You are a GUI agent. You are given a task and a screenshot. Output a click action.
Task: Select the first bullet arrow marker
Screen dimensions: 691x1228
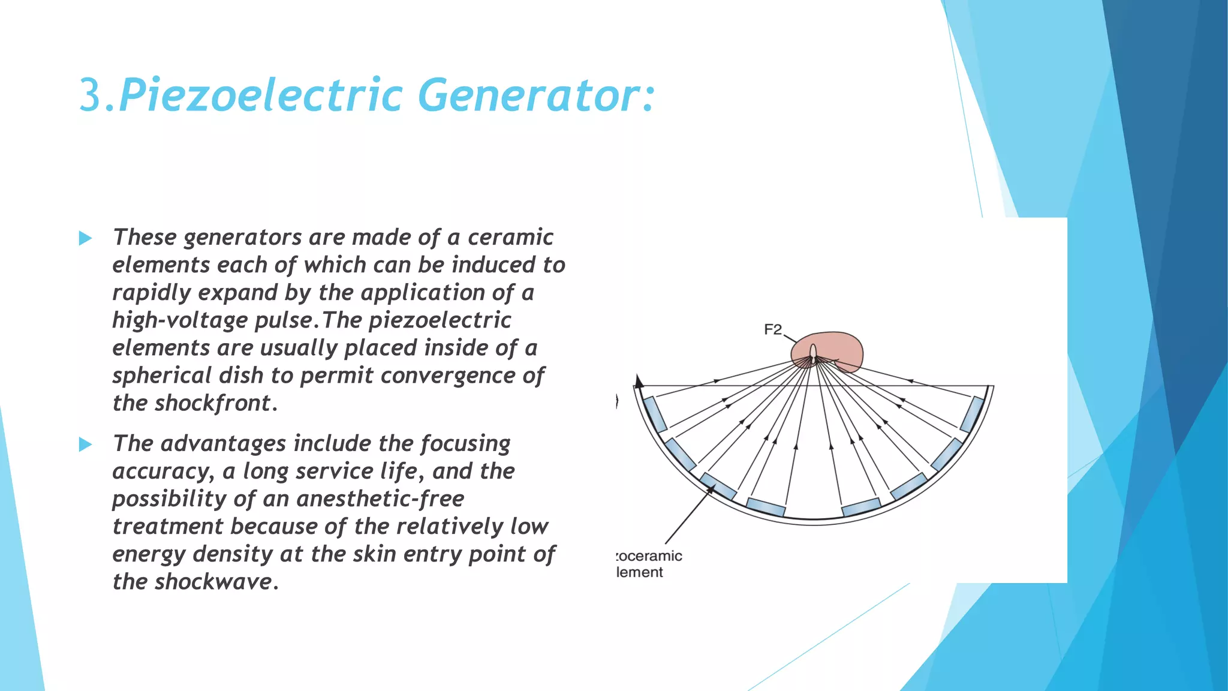85,239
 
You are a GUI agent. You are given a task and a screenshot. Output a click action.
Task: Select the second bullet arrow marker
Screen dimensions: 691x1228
85,444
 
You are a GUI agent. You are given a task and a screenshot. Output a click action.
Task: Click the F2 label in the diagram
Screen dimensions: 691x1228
773,329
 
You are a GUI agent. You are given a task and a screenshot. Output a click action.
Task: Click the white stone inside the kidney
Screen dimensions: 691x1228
813,353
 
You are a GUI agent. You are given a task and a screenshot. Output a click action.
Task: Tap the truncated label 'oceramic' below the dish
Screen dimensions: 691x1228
650,556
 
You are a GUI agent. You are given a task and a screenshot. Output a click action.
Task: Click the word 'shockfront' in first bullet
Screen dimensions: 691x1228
213,403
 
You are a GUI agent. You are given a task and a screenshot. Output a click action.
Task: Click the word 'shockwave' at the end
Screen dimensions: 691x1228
213,582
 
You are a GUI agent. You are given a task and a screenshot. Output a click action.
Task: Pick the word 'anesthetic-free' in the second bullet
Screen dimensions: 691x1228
380,499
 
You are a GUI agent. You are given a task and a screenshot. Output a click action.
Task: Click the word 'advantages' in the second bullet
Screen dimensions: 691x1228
223,444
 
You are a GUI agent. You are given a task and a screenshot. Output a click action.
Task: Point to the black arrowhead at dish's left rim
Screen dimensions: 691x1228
639,381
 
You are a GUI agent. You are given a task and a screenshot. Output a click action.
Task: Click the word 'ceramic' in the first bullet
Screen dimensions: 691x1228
510,238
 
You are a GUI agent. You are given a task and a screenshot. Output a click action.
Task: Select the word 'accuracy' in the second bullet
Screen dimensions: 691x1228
161,471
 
